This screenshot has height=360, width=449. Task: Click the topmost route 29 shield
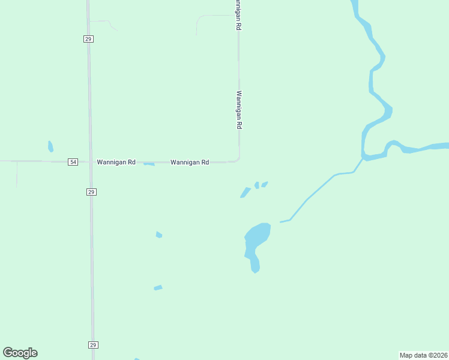coord(88,39)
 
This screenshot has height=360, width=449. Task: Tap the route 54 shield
coord(73,162)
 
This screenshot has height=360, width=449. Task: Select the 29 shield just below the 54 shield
coord(91,192)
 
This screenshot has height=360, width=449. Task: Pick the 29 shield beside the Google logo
coord(93,345)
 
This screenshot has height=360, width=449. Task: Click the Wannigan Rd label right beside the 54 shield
coord(116,162)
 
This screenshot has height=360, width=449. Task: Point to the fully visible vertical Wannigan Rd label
coord(239,110)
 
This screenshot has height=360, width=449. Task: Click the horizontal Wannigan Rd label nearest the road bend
coord(190,162)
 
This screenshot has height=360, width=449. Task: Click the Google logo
coord(20,353)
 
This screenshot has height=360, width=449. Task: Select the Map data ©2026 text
coord(424,355)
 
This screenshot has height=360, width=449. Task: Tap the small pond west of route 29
coord(50,146)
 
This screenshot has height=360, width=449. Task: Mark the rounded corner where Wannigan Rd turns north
coord(238,160)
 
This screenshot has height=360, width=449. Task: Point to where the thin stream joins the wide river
coord(363,158)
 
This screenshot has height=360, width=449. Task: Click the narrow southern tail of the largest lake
coord(255,264)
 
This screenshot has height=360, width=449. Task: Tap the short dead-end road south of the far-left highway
coord(17,174)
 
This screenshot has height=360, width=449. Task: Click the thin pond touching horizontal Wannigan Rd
coord(149,164)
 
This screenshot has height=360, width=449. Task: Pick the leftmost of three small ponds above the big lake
coord(245,192)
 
